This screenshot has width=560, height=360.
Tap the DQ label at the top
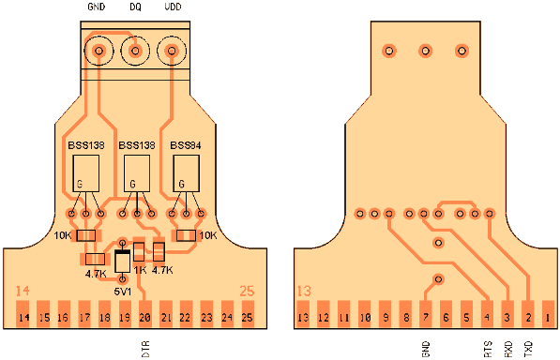click(x=135, y=7)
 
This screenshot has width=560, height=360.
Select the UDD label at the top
click(x=173, y=7)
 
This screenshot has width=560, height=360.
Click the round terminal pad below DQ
click(x=135, y=51)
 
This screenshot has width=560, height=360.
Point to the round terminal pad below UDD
click(x=172, y=51)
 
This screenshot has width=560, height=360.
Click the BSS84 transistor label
click(x=186, y=146)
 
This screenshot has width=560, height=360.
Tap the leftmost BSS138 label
click(x=85, y=146)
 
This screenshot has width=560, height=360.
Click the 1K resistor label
click(x=139, y=269)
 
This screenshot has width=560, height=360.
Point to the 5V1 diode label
click(x=123, y=291)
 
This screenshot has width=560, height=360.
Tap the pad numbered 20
click(x=144, y=318)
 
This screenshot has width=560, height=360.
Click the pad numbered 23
click(x=206, y=318)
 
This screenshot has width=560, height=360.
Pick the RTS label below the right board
click(x=487, y=348)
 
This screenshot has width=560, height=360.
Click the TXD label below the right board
click(x=527, y=348)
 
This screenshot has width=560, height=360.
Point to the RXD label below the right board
click(x=507, y=348)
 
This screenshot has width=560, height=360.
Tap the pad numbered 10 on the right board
click(x=365, y=318)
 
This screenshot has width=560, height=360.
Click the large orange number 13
click(x=305, y=292)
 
